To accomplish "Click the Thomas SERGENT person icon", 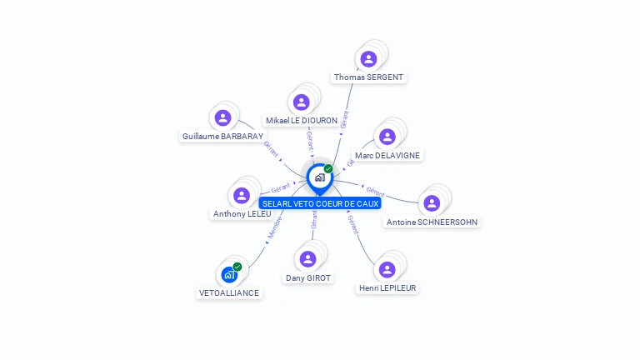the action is click(x=368, y=58).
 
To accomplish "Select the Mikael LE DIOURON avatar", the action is click(x=302, y=102).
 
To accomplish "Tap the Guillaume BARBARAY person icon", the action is click(x=222, y=118).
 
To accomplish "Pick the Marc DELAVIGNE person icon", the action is click(x=387, y=137).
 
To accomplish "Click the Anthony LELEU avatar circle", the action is click(x=242, y=195).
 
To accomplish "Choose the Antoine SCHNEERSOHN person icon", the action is click(x=432, y=203).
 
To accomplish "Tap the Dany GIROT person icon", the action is click(x=308, y=259).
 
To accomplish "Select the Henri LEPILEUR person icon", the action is click(x=387, y=269).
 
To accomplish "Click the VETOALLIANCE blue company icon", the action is click(x=229, y=274).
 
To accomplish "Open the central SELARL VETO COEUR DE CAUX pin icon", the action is click(x=319, y=177).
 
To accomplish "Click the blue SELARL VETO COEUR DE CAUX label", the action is click(x=320, y=203).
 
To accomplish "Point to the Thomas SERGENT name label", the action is click(x=368, y=77).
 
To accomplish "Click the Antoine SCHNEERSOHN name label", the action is click(x=432, y=222).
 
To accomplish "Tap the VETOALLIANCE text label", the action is click(x=229, y=293).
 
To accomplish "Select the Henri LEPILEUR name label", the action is click(x=387, y=288).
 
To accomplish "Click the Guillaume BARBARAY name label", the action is click(x=222, y=137).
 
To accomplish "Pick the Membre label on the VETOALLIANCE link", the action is click(x=276, y=228).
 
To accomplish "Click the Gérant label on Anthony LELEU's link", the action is click(x=281, y=188).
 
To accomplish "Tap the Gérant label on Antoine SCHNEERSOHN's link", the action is click(x=375, y=191).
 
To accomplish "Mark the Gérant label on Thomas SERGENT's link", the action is click(x=345, y=119).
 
